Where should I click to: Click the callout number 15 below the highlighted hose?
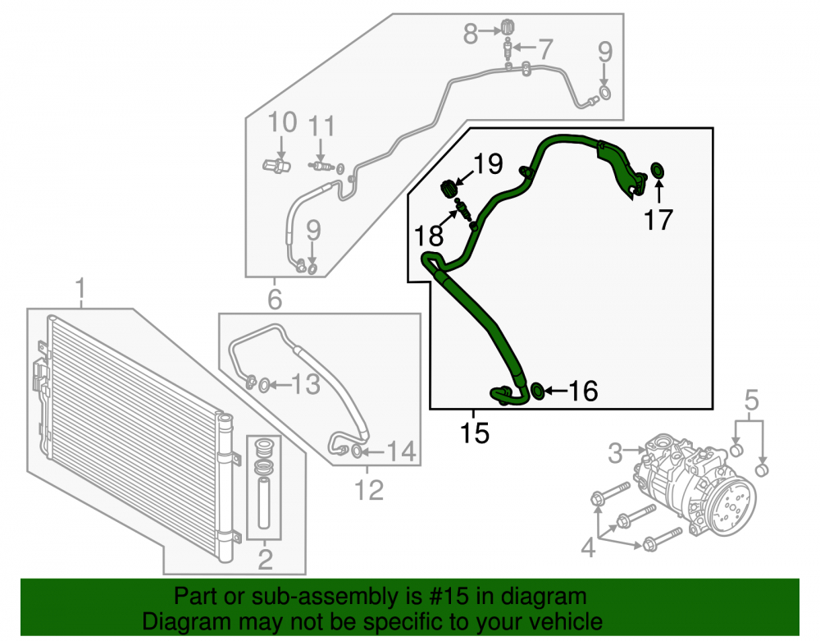474,433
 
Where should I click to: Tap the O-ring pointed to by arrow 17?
658,170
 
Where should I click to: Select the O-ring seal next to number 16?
536,391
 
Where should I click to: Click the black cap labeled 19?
449,189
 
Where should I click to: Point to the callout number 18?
429,236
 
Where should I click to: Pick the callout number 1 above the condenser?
80,289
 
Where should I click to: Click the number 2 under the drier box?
266,559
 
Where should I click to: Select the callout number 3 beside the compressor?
616,452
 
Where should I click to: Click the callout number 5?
751,400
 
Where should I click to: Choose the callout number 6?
275,300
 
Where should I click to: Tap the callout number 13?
306,385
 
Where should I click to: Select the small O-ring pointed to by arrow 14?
356,451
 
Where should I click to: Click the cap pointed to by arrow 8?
506,26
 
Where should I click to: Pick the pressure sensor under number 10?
276,165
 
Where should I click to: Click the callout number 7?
545,49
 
